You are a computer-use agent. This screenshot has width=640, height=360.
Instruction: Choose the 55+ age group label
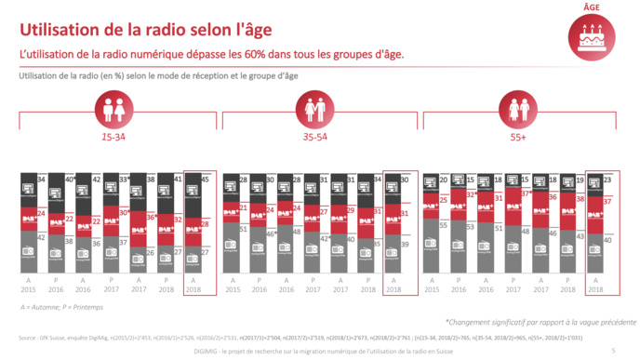pos(518,136)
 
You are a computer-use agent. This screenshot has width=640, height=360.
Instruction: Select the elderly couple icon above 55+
pos(518,106)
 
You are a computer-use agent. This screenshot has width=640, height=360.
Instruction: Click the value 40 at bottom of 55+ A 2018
pos(607,238)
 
